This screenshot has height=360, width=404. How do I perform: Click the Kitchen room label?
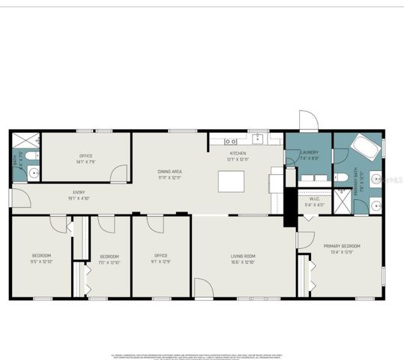tap(236, 153)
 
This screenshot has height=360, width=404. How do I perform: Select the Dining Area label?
tap(170, 172)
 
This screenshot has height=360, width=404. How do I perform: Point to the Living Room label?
tap(243, 256)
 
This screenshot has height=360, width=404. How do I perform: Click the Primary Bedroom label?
tap(342, 246)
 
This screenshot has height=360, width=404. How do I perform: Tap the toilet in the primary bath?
tap(339, 178)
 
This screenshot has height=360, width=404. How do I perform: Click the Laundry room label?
tap(309, 152)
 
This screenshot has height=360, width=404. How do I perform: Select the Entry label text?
tap(79, 193)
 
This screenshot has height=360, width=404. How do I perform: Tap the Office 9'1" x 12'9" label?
tap(161, 256)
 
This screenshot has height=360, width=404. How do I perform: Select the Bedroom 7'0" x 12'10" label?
tap(109, 257)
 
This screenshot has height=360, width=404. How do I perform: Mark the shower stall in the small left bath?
tap(25, 139)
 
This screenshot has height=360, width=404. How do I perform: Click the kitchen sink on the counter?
tap(258, 139)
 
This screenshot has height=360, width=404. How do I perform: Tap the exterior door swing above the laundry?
tap(308, 121)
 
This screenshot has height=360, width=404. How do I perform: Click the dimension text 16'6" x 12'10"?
tap(243, 262)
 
